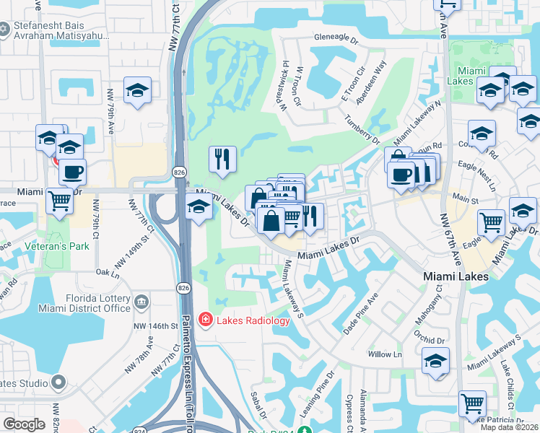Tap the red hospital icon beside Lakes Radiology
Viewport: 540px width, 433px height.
coord(206,319)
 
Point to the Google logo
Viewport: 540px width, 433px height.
coord(24,424)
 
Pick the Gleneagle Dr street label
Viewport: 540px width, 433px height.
coord(336,40)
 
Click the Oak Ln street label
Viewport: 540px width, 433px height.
coord(107,273)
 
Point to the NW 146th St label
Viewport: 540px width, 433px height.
coord(156,326)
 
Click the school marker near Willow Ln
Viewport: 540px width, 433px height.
coord(435,361)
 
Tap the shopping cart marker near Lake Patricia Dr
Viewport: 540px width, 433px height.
coord(472,403)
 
